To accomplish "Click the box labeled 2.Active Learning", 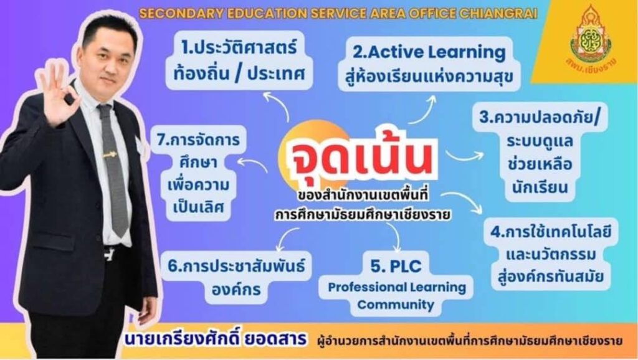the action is tap(429, 64).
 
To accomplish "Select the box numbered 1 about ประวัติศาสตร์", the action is tap(239, 61).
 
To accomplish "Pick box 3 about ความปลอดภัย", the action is tap(540, 152).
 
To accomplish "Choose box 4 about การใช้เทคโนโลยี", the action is tap(551, 255).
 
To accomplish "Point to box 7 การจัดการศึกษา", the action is tap(198, 174).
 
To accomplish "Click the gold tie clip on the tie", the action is tap(110, 154).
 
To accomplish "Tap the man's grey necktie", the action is tap(113, 171).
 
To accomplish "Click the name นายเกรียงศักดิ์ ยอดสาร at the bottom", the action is tap(216, 339).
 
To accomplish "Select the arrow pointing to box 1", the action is tap(277, 105).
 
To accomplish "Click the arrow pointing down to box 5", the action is tap(394, 237).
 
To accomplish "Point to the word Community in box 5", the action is tap(396, 305).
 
